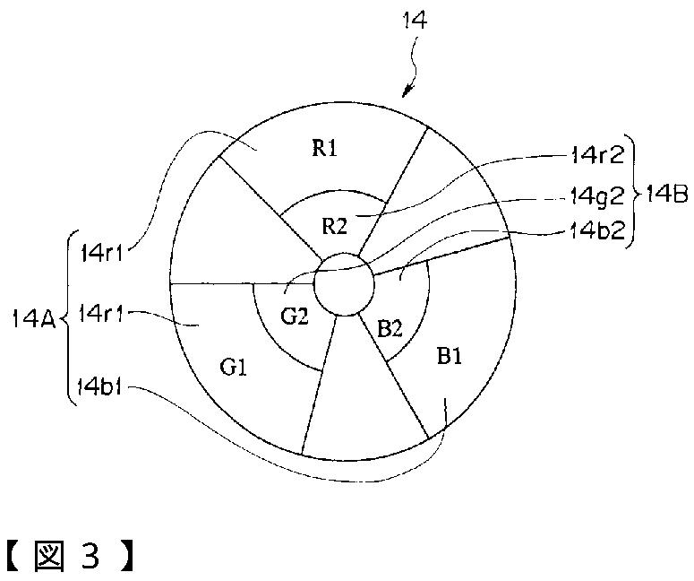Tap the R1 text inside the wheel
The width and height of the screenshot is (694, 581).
pyautogui.click(x=323, y=149)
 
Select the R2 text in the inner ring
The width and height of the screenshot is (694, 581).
pyautogui.click(x=335, y=224)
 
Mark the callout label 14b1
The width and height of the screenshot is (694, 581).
pyautogui.click(x=101, y=389)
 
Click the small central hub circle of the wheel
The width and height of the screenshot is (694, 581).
pyautogui.click(x=345, y=283)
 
